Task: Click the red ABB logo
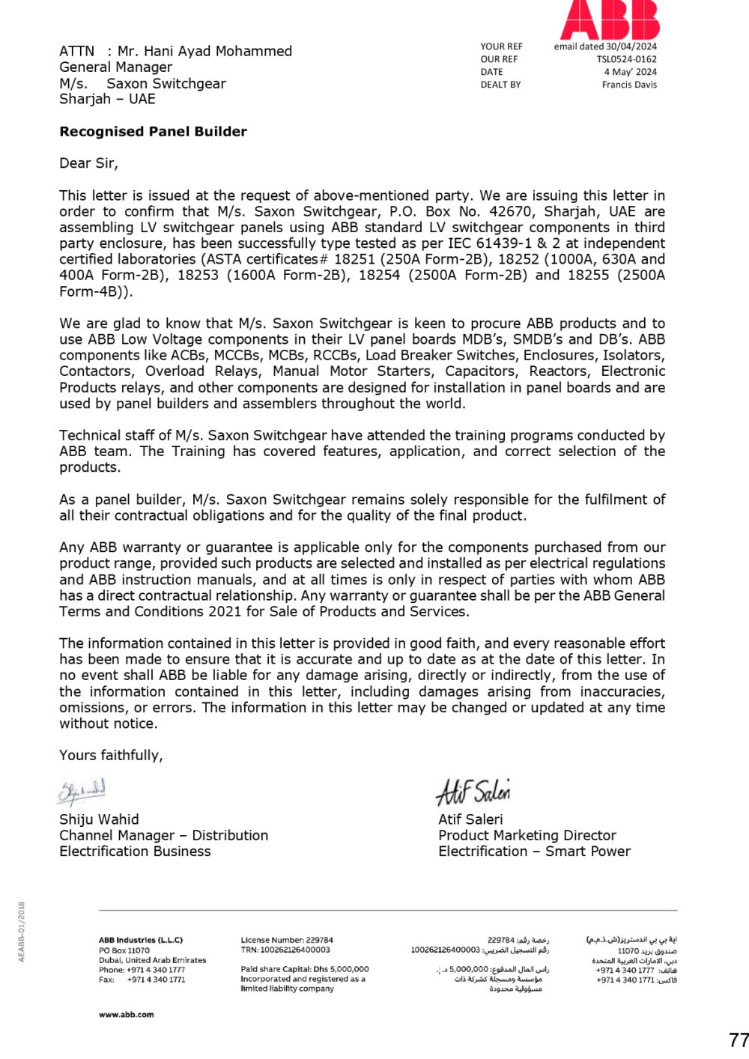(x=610, y=19)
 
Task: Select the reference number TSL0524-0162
(x=626, y=59)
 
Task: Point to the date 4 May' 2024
(x=630, y=72)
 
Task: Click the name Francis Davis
(x=629, y=85)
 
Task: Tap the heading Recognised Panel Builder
(x=153, y=132)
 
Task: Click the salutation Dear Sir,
(x=88, y=163)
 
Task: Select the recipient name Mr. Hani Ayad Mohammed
(x=204, y=51)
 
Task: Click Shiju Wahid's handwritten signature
(x=82, y=792)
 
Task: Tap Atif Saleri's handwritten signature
(x=473, y=792)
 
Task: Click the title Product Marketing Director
(x=527, y=835)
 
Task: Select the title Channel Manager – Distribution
(x=163, y=835)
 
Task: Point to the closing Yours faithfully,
(x=111, y=755)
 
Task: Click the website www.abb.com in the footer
(x=126, y=1015)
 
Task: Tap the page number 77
(x=738, y=1040)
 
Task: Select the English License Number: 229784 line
(x=287, y=940)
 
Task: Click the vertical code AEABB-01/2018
(x=21, y=932)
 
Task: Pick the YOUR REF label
(x=501, y=46)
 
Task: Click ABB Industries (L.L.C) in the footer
(x=140, y=940)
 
